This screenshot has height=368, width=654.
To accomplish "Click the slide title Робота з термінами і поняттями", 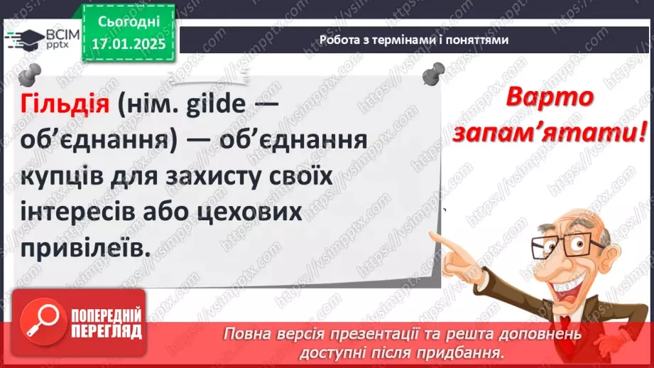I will click(414, 40).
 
